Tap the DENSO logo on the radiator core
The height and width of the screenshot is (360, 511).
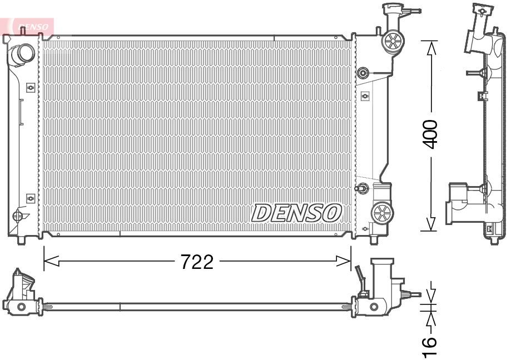[x=296, y=212]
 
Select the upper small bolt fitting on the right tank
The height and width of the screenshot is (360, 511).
[x=364, y=72]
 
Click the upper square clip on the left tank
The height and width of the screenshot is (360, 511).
[x=30, y=87]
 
